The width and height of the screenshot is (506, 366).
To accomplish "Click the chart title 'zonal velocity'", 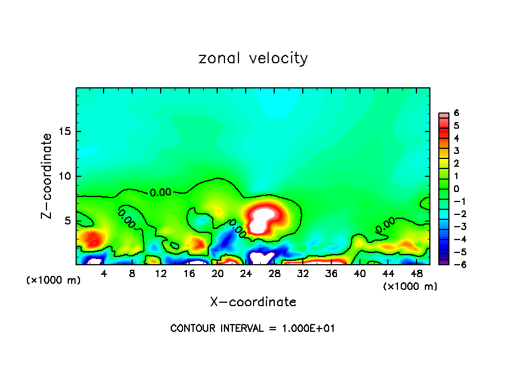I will click(x=253, y=58).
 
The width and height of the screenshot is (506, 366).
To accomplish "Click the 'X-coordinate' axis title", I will click(x=253, y=302).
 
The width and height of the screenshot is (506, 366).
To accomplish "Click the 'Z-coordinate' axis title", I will click(x=48, y=176).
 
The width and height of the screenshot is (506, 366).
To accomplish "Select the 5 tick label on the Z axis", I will click(x=66, y=220).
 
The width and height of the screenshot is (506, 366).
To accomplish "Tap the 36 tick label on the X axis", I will click(x=331, y=274).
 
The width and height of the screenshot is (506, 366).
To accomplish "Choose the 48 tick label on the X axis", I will click(x=416, y=274).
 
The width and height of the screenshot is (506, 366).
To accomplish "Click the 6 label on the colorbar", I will click(x=456, y=113).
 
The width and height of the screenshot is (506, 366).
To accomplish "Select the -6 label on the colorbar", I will click(x=454, y=264).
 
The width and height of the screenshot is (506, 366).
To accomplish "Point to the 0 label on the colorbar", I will click(x=456, y=189).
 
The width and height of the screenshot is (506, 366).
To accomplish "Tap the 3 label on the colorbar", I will click(x=456, y=151).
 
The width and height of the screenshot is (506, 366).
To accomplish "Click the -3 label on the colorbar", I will click(x=454, y=226).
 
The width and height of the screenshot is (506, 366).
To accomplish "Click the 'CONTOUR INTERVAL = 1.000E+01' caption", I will click(x=253, y=329).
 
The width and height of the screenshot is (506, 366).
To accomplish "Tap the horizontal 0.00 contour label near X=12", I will click(x=161, y=193).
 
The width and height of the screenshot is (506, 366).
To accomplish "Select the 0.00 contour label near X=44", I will click(x=385, y=224).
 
